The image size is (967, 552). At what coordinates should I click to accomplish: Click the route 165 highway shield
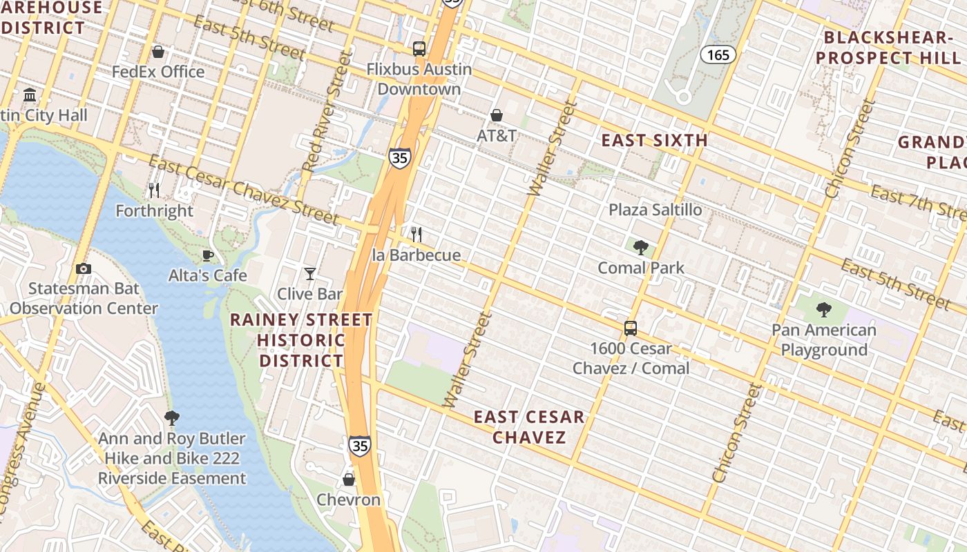718,55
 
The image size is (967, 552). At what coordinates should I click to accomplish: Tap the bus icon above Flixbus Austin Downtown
419,49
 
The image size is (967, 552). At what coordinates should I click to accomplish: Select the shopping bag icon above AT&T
496,115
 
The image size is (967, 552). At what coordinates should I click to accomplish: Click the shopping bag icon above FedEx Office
158,52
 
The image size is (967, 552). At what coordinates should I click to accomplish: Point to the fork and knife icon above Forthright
154,190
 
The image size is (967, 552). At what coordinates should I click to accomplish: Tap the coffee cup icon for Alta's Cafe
207,255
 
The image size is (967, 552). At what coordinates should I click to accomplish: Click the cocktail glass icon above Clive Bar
310,274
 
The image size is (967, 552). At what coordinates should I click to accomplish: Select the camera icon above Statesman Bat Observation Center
84,268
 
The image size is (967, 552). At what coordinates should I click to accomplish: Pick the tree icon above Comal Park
641,247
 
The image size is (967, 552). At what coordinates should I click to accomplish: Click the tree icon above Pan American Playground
823,310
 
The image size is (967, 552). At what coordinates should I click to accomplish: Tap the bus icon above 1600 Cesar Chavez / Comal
631,328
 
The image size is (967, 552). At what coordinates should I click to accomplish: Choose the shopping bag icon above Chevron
349,479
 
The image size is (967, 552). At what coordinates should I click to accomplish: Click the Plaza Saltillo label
655,210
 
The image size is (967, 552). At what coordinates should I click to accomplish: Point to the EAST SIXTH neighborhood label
654,141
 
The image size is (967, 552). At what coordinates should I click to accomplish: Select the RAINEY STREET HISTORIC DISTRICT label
301,340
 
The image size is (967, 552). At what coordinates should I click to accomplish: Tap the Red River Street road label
323,120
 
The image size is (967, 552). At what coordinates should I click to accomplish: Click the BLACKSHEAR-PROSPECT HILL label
891,48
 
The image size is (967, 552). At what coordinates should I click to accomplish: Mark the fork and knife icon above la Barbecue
416,235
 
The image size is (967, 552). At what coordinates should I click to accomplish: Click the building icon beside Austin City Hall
30,95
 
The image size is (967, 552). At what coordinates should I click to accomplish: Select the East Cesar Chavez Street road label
243,190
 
